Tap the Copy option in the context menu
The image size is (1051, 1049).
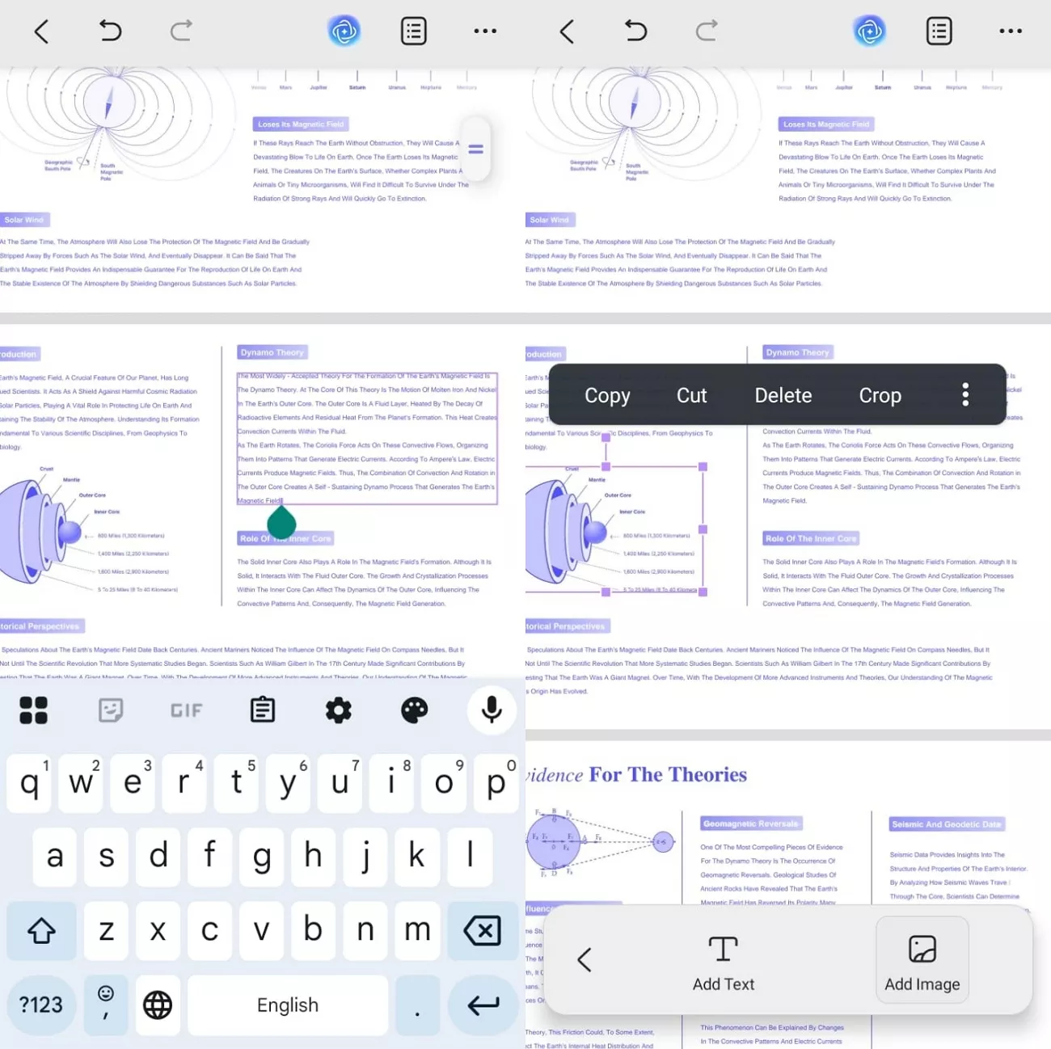[x=607, y=395]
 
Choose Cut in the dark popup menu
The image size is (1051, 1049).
[x=691, y=395]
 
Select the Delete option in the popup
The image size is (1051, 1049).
[x=783, y=395]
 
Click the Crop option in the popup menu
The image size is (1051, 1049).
[x=880, y=395]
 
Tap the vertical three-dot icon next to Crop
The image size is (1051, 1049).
[x=965, y=394]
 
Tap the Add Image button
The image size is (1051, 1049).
[x=922, y=960]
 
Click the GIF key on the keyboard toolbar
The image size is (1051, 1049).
[x=186, y=710]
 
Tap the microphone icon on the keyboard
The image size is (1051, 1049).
[x=491, y=710]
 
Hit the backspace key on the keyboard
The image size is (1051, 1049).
[x=483, y=931]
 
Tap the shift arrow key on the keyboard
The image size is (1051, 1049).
[x=41, y=931]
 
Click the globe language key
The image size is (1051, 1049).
[x=158, y=1005]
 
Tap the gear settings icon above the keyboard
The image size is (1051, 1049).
[x=338, y=710]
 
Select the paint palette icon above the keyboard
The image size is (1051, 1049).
[x=415, y=710]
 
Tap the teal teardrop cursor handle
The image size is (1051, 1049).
[x=281, y=523]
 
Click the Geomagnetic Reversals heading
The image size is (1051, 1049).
[x=750, y=824]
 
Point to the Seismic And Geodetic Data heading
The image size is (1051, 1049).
[x=946, y=824]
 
